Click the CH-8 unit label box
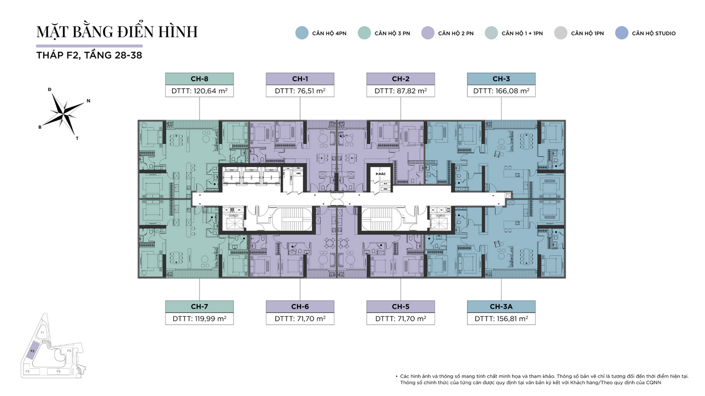(x=200, y=79)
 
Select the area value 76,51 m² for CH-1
(x=300, y=91)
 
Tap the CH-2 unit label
(x=401, y=79)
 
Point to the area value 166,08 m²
(x=501, y=91)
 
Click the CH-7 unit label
(x=200, y=306)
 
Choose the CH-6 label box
(x=300, y=306)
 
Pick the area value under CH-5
(x=401, y=319)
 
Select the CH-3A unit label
(x=501, y=306)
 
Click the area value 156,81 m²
(x=501, y=319)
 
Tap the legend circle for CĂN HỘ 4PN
(x=302, y=33)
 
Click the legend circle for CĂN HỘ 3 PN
(x=364, y=33)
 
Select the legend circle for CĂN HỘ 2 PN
(x=428, y=33)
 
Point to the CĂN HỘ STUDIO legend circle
(x=622, y=33)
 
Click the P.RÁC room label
(x=381, y=174)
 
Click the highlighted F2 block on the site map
(x=32, y=352)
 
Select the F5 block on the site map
(x=58, y=371)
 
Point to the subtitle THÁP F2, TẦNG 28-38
(x=89, y=55)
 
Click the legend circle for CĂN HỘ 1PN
(x=561, y=33)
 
